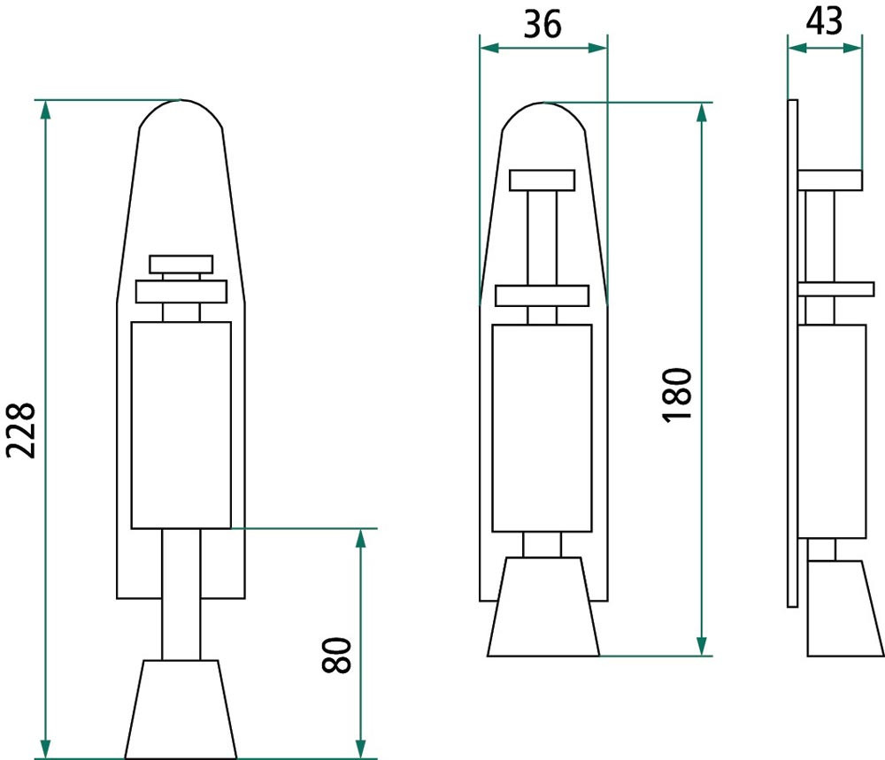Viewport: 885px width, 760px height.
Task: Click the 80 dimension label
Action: pos(336,655)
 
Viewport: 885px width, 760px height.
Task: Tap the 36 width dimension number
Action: pos(543,24)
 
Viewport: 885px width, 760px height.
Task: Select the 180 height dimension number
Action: pos(677,395)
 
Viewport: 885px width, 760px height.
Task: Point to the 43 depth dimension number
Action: pos(824,21)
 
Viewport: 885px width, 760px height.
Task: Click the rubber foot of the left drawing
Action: pos(181,710)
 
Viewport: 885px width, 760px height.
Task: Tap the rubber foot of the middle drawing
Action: pos(543,607)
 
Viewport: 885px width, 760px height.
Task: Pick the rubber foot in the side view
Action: pos(845,608)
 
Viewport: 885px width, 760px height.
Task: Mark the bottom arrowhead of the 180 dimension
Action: pos(702,646)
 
